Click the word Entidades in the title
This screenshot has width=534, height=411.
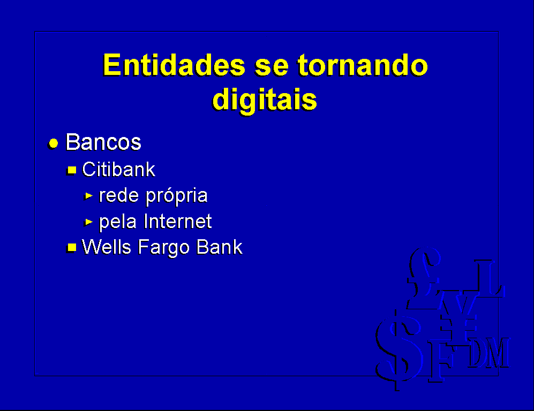174,65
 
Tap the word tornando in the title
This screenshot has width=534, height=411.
363,65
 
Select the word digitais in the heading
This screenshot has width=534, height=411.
265,100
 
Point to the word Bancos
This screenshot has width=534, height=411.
103,142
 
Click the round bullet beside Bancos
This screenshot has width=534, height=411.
53,143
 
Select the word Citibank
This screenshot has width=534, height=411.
118,169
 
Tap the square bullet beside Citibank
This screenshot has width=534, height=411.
72,170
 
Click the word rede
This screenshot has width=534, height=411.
119,195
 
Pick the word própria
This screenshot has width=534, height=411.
177,196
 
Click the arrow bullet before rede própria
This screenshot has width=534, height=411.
88,196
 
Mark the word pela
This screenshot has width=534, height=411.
118,223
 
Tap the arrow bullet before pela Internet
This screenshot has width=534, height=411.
88,222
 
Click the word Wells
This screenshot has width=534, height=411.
106,247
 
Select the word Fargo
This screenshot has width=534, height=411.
163,248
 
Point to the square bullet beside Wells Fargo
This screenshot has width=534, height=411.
72,247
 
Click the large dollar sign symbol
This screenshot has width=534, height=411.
398,351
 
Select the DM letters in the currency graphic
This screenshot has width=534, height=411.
488,353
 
